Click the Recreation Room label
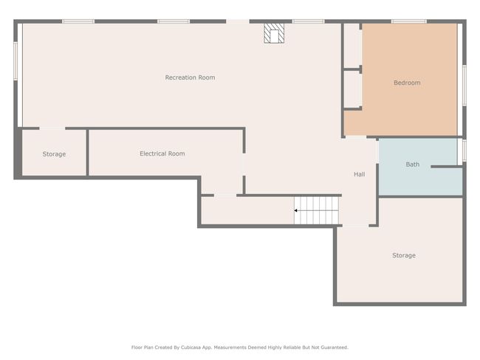[190, 77]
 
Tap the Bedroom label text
[407, 83]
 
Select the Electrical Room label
[162, 153]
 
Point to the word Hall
[360, 174]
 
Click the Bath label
[413, 165]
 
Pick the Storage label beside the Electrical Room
[54, 154]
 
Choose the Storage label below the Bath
[404, 255]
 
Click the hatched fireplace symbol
[274, 33]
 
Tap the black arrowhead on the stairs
[295, 210]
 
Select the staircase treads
[317, 210]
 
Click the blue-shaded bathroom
[421, 167]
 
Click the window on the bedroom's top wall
[409, 21]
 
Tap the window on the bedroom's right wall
[464, 86]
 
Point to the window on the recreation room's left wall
[16, 61]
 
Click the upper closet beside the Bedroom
[352, 46]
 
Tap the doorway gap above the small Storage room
[52, 128]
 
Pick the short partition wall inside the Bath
[447, 167]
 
